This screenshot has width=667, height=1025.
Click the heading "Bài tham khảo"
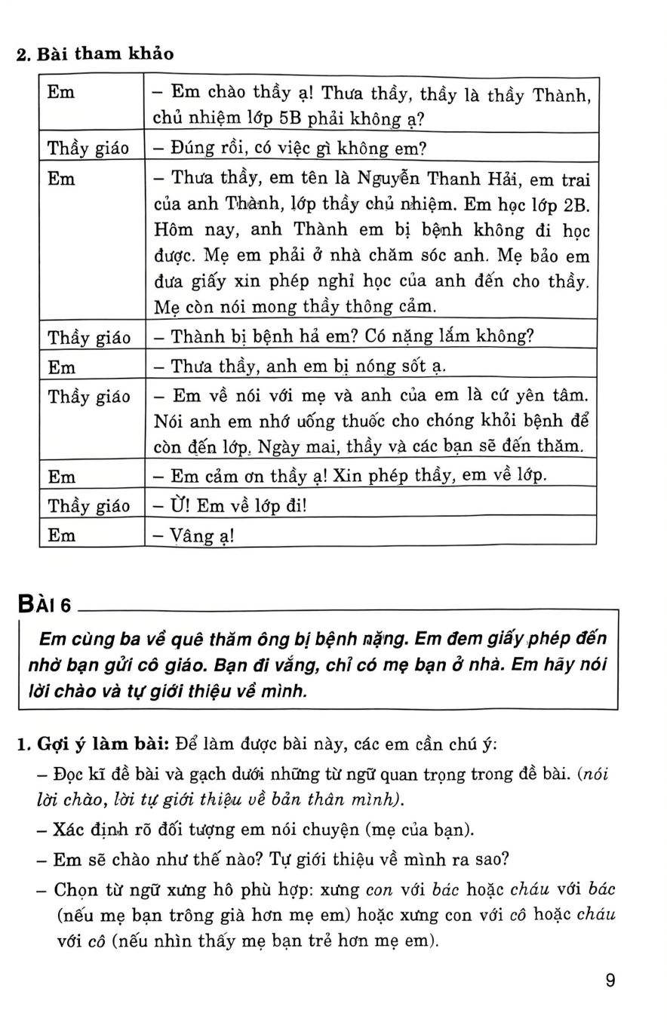tap(105, 54)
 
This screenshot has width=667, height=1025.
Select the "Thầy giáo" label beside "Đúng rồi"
tap(88, 149)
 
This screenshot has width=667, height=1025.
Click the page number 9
tap(610, 981)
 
